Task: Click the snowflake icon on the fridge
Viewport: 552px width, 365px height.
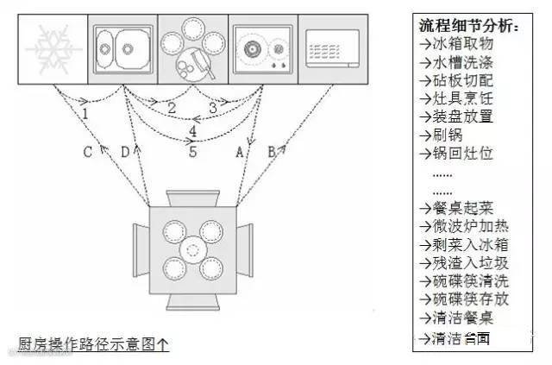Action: [x=53, y=48]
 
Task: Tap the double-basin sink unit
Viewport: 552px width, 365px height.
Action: [x=122, y=47]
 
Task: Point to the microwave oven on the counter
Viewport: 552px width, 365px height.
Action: [x=332, y=48]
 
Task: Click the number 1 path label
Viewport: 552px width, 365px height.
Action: [x=85, y=112]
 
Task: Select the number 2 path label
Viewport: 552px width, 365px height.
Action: [x=172, y=108]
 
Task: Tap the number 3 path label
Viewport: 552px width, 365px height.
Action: [x=212, y=108]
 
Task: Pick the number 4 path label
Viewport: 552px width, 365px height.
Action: [x=192, y=131]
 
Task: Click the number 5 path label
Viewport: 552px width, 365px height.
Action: [x=192, y=152]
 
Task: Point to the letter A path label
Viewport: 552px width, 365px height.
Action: [x=239, y=152]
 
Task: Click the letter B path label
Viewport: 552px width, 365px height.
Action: [x=272, y=152]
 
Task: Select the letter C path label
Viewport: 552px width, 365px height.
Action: [x=87, y=153]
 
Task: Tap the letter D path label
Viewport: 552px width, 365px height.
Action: [x=125, y=153]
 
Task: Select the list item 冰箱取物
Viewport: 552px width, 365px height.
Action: [x=455, y=44]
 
